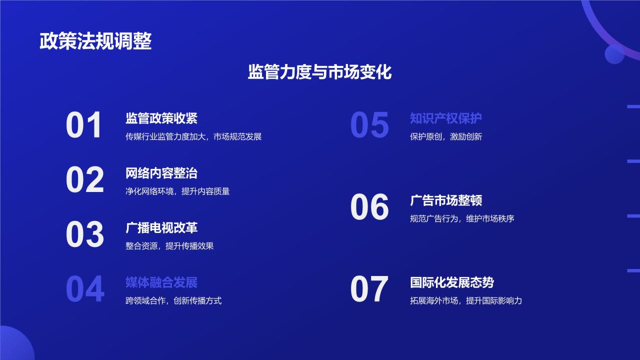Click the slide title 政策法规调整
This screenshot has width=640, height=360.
point(95,41)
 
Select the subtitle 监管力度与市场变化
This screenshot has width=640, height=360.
point(319,72)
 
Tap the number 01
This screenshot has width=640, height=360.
point(84,125)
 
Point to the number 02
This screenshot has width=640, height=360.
point(85,180)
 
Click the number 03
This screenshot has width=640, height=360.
point(85,234)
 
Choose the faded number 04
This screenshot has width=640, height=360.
point(85,289)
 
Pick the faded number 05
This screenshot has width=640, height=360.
point(369,125)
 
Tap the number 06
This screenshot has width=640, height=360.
point(369,207)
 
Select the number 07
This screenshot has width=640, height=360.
point(369,289)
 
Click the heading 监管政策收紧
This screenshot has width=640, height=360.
point(161,118)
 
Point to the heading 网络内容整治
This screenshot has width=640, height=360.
point(161,173)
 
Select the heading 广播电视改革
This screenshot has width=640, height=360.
point(161,228)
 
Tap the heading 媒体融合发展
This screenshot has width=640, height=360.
point(161,282)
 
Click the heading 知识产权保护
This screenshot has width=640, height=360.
point(446,118)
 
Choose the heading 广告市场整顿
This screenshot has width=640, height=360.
point(446,200)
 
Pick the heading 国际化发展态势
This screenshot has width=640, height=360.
point(452,282)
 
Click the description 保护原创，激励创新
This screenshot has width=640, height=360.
point(446,136)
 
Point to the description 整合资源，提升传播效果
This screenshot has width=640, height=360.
point(169,246)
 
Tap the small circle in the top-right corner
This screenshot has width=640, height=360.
point(614,54)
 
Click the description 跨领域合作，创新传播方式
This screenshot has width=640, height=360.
point(173,300)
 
